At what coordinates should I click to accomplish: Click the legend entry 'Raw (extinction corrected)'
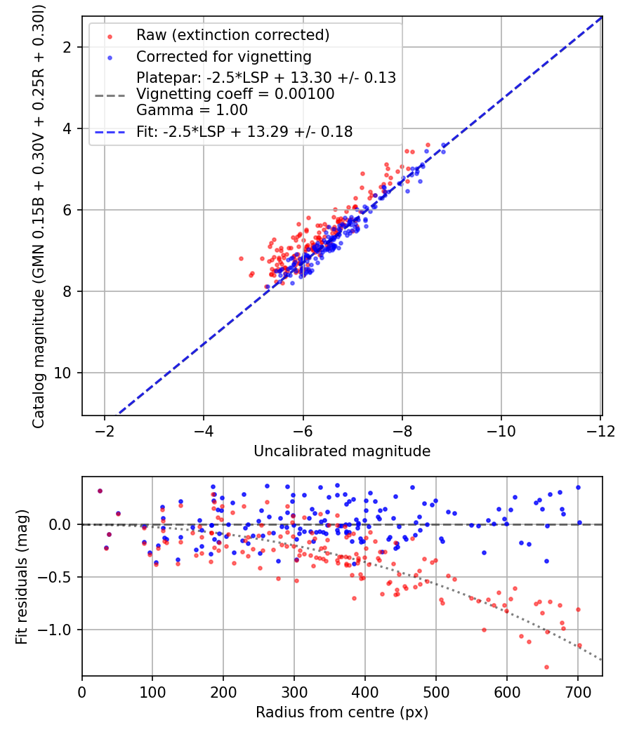pyautogui.click(x=232, y=35)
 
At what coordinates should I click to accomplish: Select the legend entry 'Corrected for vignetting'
pyautogui.click(x=223, y=56)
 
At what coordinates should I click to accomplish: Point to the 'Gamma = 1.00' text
pyautogui.click(x=173, y=109)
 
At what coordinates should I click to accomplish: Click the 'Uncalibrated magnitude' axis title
pyautogui.click(x=342, y=451)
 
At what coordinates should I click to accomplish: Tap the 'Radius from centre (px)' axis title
pyautogui.click(x=342, y=712)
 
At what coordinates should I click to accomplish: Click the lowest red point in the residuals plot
pyautogui.click(x=546, y=667)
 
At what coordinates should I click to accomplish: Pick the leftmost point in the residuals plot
pyautogui.click(x=100, y=491)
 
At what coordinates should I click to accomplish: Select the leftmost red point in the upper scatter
pyautogui.click(x=242, y=258)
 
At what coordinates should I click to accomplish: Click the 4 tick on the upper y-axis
pyautogui.click(x=70, y=128)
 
